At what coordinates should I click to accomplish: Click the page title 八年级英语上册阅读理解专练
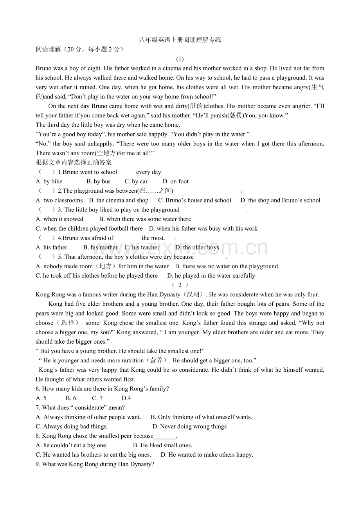[x=180, y=40]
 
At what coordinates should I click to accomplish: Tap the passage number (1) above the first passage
[x=180, y=59]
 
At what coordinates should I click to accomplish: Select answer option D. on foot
[x=176, y=181]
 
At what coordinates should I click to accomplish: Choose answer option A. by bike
[x=49, y=181]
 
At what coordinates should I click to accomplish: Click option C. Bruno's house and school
[x=194, y=200]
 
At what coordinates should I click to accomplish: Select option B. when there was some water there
[x=145, y=219]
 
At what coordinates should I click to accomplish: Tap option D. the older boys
[x=197, y=247]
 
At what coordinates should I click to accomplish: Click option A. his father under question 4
[x=51, y=247]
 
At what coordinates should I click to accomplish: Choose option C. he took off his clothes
[x=97, y=276]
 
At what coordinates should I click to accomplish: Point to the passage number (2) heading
[x=180, y=285]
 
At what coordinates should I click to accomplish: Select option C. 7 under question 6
[x=97, y=398]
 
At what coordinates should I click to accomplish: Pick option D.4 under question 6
[x=126, y=398]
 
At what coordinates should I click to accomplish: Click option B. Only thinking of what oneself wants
[x=201, y=417]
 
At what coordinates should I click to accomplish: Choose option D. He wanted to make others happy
[x=207, y=455]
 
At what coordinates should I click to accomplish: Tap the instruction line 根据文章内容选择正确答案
[x=74, y=163]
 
